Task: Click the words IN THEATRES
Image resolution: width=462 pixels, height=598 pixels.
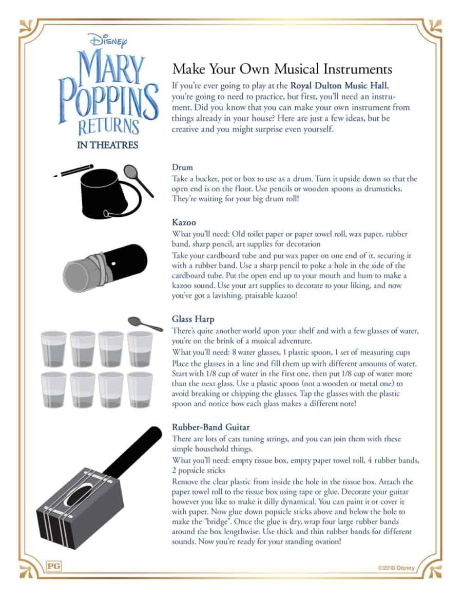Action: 107,145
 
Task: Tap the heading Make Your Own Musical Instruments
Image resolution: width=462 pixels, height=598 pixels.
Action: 282,69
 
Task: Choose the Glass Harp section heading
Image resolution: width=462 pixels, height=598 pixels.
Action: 193,319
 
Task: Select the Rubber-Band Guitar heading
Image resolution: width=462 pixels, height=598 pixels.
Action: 210,426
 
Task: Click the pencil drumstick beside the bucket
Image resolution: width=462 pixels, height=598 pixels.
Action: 74,171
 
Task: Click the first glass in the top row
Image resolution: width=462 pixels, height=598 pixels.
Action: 54,348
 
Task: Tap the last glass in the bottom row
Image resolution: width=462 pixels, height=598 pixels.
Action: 140,389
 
